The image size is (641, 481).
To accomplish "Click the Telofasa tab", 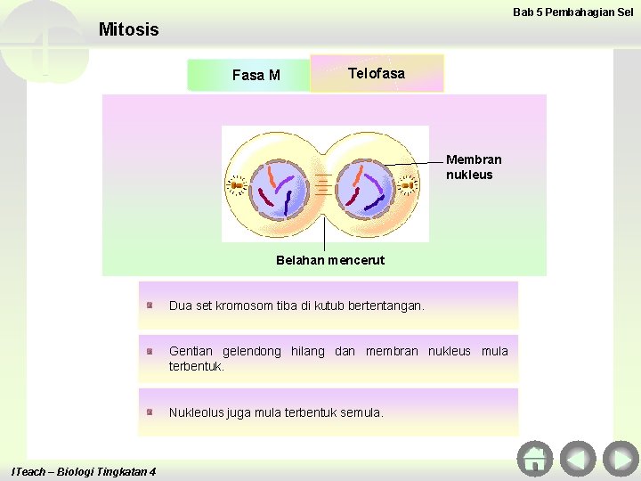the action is point(377,74).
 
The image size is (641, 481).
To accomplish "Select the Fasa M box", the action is point(256,75).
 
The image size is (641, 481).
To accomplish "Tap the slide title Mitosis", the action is point(128,29).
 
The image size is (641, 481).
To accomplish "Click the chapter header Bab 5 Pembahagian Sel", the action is point(572,12).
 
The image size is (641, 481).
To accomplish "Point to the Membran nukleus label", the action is point(474,167).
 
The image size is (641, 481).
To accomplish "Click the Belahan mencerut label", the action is point(330,260).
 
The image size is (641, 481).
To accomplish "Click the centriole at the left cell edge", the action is point(237,185).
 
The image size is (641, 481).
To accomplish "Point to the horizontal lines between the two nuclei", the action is point(321,186).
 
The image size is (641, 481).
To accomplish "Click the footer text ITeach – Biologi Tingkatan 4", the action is point(82,470).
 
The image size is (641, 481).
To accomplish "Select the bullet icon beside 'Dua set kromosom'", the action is point(152,306).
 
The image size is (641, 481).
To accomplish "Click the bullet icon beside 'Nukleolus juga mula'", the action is point(152,412).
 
